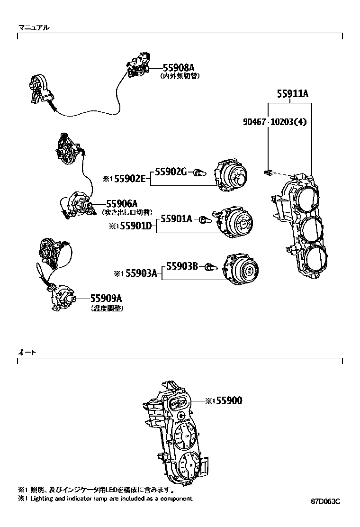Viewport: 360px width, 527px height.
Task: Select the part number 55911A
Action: click(x=292, y=94)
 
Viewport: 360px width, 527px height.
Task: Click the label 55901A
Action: click(x=176, y=219)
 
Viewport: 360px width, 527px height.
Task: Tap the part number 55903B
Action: click(x=182, y=266)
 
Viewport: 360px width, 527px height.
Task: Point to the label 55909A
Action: click(x=107, y=299)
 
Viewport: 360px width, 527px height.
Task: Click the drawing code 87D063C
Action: click(x=326, y=501)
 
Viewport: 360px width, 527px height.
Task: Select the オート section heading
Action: click(x=27, y=353)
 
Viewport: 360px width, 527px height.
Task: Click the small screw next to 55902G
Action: click(x=200, y=173)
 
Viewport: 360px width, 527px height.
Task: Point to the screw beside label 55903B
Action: click(x=211, y=268)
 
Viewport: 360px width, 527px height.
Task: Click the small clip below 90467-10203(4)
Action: click(x=269, y=172)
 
